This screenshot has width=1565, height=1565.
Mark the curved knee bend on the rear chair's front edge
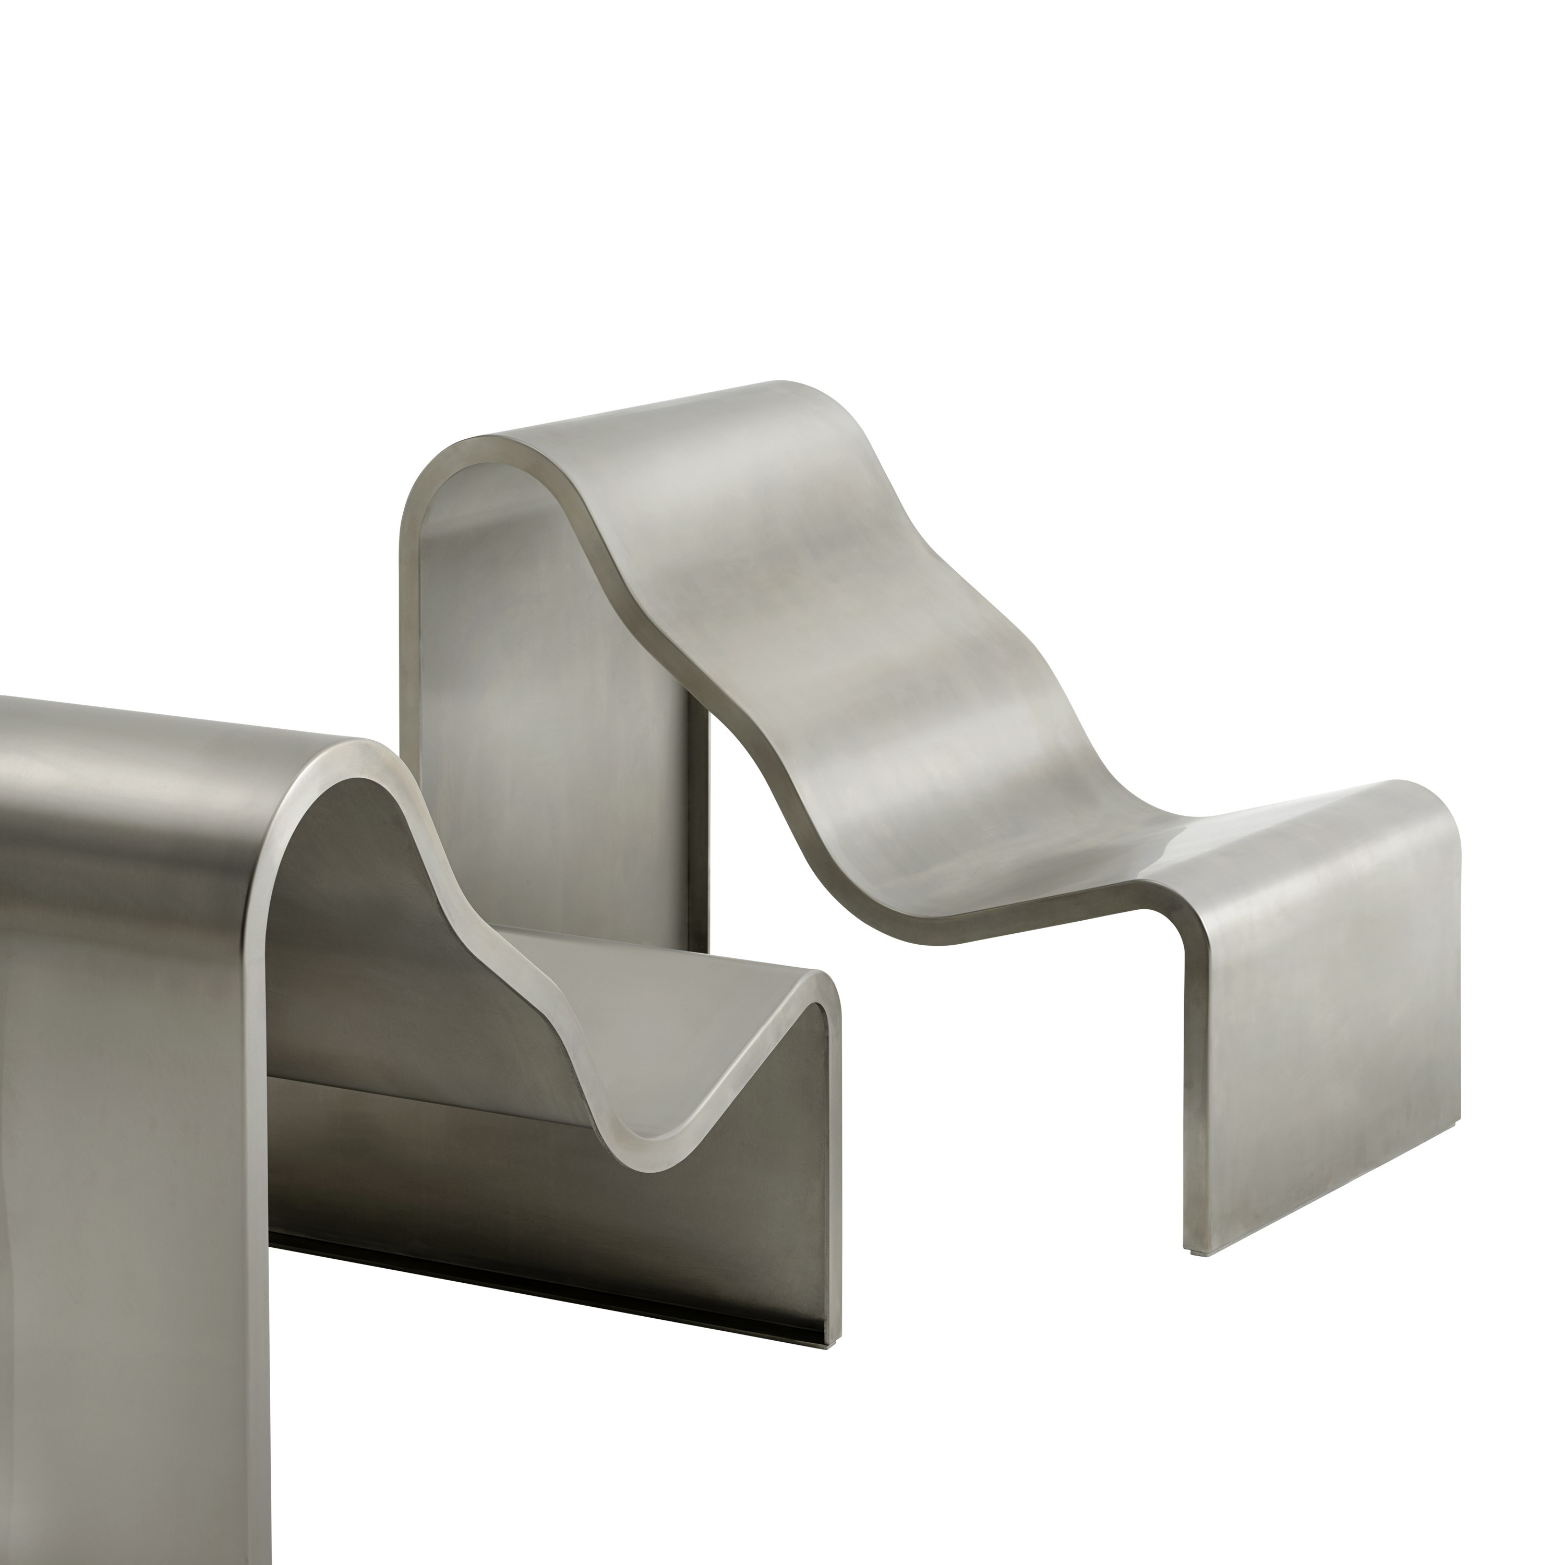[x=1183, y=948]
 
